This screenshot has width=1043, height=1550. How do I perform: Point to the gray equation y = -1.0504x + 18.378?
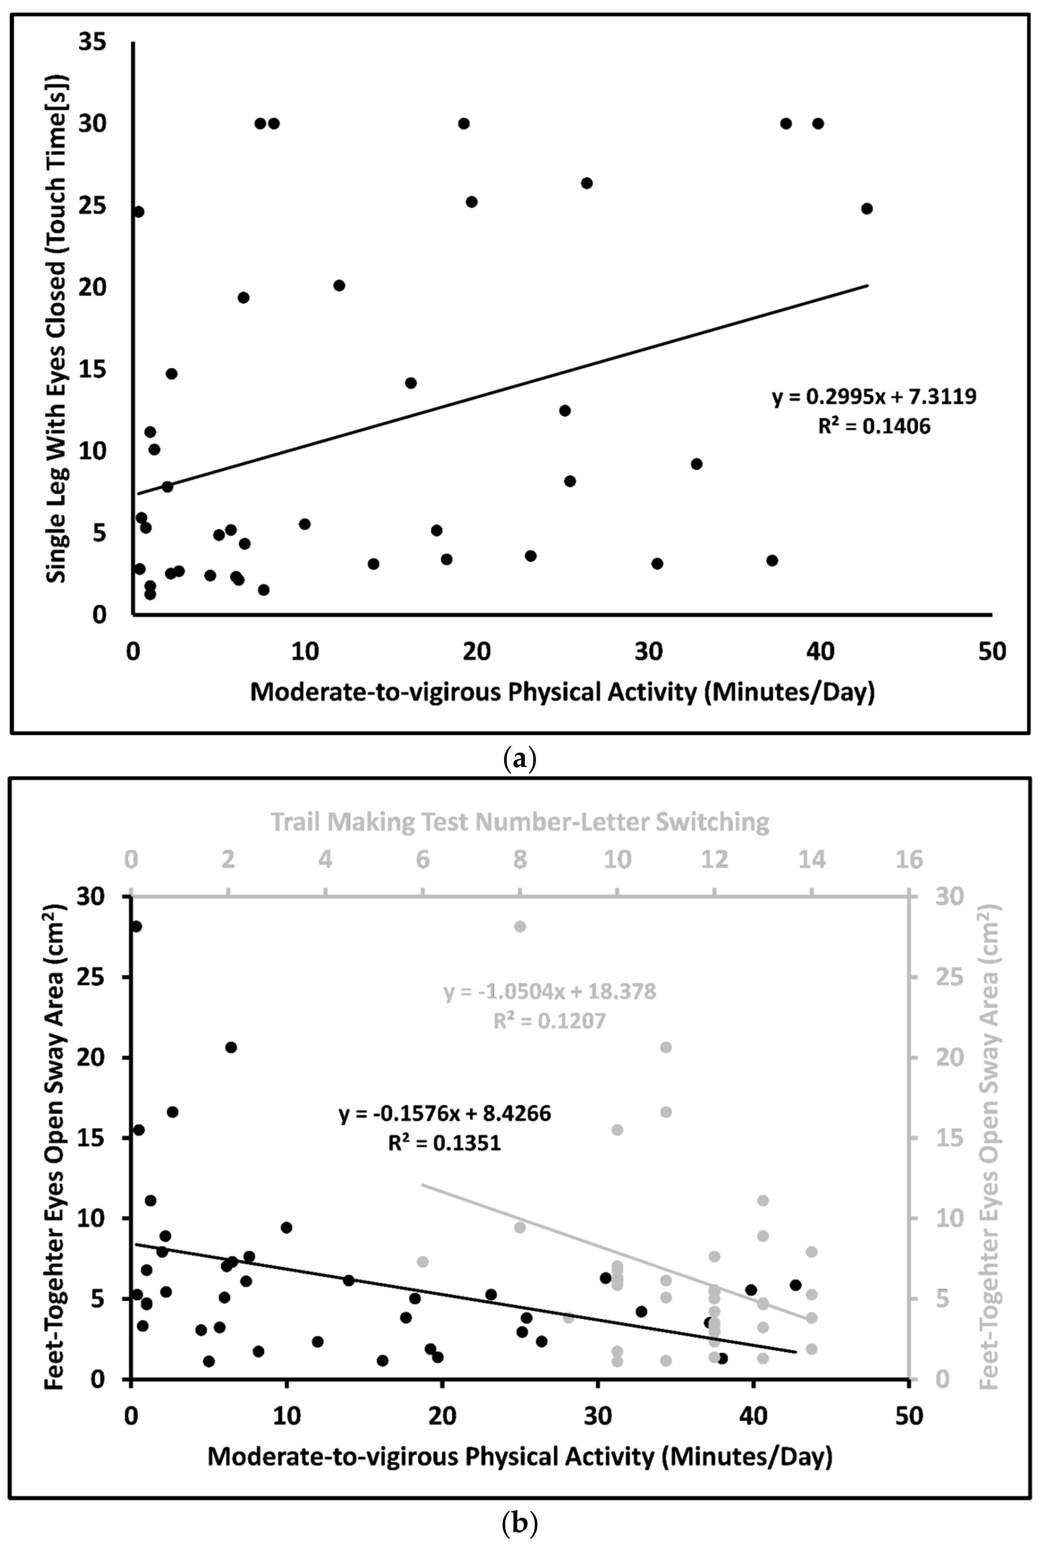[550, 991]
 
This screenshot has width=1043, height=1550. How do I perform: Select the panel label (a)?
[520, 758]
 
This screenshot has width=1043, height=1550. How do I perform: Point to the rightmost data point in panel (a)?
[866, 208]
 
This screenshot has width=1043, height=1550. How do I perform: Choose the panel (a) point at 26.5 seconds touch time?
[587, 183]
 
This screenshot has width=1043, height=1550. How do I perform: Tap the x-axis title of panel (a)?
[562, 692]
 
